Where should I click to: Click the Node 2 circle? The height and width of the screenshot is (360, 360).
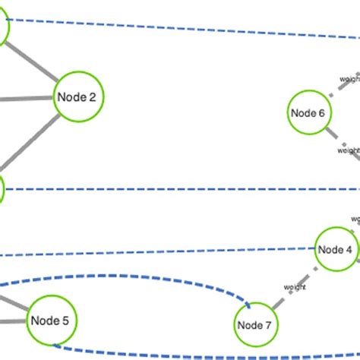(x=78, y=96)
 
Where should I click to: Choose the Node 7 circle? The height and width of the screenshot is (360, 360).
(x=254, y=325)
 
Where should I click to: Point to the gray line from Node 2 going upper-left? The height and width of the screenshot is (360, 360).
(x=34, y=61)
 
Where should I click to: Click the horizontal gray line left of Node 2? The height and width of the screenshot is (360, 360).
(x=27, y=98)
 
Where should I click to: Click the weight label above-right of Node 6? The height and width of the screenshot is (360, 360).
(x=349, y=78)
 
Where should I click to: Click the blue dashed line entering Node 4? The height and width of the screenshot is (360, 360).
(x=190, y=251)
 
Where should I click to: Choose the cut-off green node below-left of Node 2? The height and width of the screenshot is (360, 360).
(x=2, y=188)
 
